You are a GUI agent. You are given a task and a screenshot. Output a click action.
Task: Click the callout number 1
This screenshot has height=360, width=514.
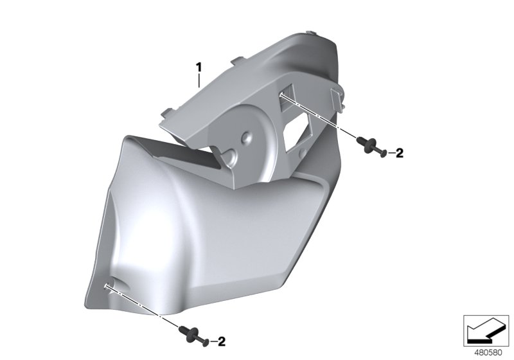tap(199, 66)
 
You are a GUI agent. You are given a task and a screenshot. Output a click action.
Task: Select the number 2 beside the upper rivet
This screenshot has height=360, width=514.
tap(398, 153)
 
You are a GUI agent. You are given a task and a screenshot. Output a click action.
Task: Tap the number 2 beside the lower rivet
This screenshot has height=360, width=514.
tap(222, 341)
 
